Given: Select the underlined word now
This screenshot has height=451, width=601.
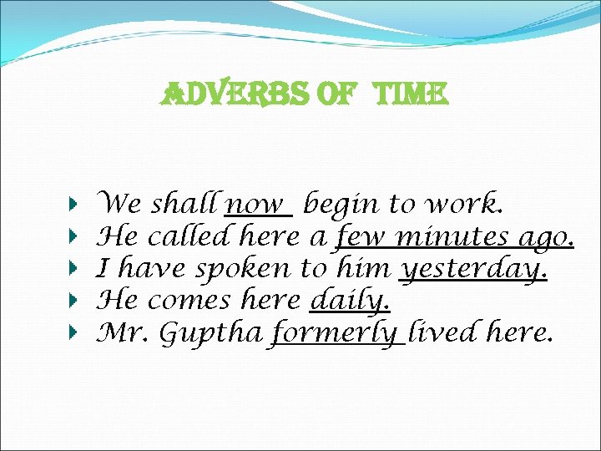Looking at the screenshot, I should (x=257, y=205).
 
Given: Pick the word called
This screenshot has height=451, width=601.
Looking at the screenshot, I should (x=191, y=237).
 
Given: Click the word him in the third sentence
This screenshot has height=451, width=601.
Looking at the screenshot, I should (x=363, y=269).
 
